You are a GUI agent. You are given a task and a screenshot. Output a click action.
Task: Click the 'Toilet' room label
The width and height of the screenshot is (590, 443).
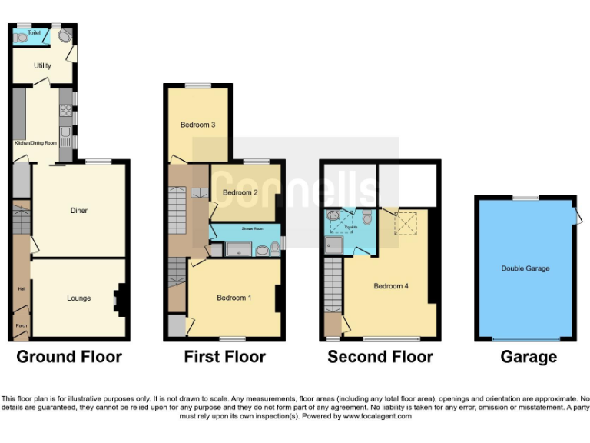pyautogui.click(x=34, y=33)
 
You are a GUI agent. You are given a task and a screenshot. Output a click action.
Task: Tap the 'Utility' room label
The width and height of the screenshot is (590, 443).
pyautogui.click(x=42, y=66)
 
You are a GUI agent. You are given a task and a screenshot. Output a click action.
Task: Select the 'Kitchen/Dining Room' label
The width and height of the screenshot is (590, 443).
pyautogui.click(x=35, y=143)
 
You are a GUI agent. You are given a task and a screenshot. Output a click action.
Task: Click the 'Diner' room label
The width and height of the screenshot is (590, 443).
pyautogui.click(x=78, y=210)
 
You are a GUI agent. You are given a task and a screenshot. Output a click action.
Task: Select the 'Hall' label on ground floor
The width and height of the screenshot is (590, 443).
pyautogui.click(x=21, y=289)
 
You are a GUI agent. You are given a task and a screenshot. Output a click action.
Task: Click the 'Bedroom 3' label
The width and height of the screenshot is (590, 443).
pyautogui.click(x=197, y=125)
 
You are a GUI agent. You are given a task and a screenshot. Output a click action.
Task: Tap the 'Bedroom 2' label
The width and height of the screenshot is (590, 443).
pyautogui.click(x=240, y=192)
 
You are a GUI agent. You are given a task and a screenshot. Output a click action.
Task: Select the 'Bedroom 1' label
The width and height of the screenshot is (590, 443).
pyautogui.click(x=234, y=298)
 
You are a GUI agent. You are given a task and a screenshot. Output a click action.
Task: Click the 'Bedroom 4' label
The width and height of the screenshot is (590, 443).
pyautogui.click(x=390, y=286)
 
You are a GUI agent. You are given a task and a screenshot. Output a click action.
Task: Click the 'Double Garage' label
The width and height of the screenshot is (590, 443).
pyautogui.click(x=525, y=268)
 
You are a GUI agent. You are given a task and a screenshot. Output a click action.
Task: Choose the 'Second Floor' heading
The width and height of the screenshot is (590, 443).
pyautogui.click(x=380, y=357)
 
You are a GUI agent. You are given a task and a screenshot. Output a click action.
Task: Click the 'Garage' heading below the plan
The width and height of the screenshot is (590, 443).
pyautogui.click(x=529, y=357)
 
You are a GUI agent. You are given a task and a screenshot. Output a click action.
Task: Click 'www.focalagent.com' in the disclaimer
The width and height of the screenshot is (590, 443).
pyautogui.click(x=376, y=416)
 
